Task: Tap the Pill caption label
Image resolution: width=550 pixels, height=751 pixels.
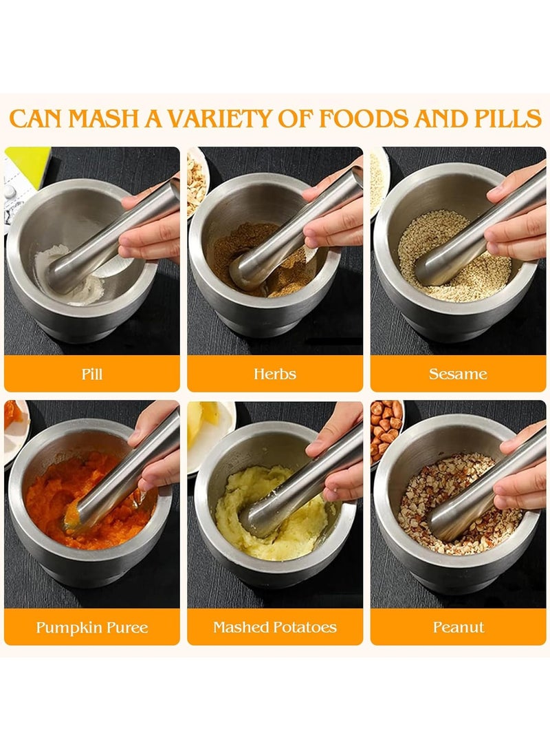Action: pos(91,374)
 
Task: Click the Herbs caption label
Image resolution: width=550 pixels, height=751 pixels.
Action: pos(274,374)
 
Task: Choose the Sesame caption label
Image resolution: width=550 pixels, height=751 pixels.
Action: pos(458,374)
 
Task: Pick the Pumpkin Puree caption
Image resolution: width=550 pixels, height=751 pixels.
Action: pos(91,627)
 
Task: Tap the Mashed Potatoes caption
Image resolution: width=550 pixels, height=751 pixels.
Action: pos(274,627)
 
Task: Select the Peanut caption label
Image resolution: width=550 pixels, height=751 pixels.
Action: pos(458,627)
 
